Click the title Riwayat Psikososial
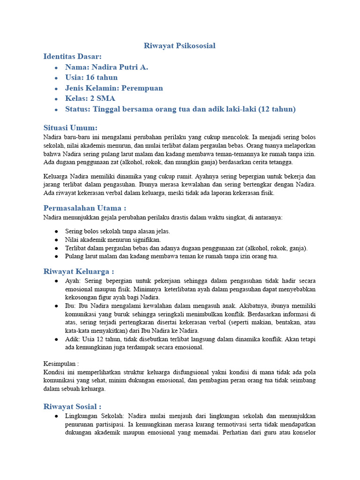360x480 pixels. pyautogui.click(x=180, y=45)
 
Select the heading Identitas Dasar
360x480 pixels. pyautogui.click(x=72, y=56)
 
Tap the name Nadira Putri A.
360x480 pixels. pyautogui.click(x=106, y=67)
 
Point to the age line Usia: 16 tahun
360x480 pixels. pyautogui.click(x=91, y=77)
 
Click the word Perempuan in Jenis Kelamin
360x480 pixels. pyautogui.click(x=142, y=88)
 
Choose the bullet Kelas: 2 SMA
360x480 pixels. pyautogui.click(x=90, y=98)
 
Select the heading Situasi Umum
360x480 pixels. pyautogui.click(x=70, y=127)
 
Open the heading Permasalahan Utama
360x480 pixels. pyautogui.click(x=85, y=208)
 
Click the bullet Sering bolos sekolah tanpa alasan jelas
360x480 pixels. pyautogui.click(x=118, y=231)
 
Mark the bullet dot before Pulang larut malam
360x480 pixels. pyautogui.click(x=56, y=256)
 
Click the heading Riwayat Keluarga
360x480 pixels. pyautogui.click(x=79, y=271)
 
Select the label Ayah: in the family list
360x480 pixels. pyautogui.click(x=73, y=280)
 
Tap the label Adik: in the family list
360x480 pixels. pyautogui.click(x=73, y=339)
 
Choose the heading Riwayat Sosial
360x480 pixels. pyautogui.click(x=72, y=406)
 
